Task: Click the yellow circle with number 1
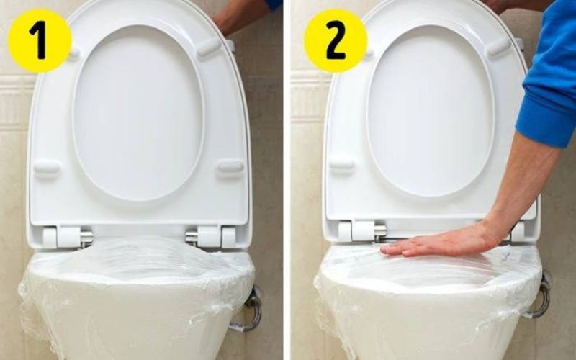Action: (40, 40)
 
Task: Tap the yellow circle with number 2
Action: (336, 40)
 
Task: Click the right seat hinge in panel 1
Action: (211, 236)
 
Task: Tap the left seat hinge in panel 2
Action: (359, 231)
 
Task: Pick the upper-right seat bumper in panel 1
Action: (208, 48)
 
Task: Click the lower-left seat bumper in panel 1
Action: (47, 168)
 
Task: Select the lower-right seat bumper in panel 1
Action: (230, 167)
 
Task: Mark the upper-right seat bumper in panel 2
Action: (498, 48)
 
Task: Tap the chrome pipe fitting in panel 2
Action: (539, 295)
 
